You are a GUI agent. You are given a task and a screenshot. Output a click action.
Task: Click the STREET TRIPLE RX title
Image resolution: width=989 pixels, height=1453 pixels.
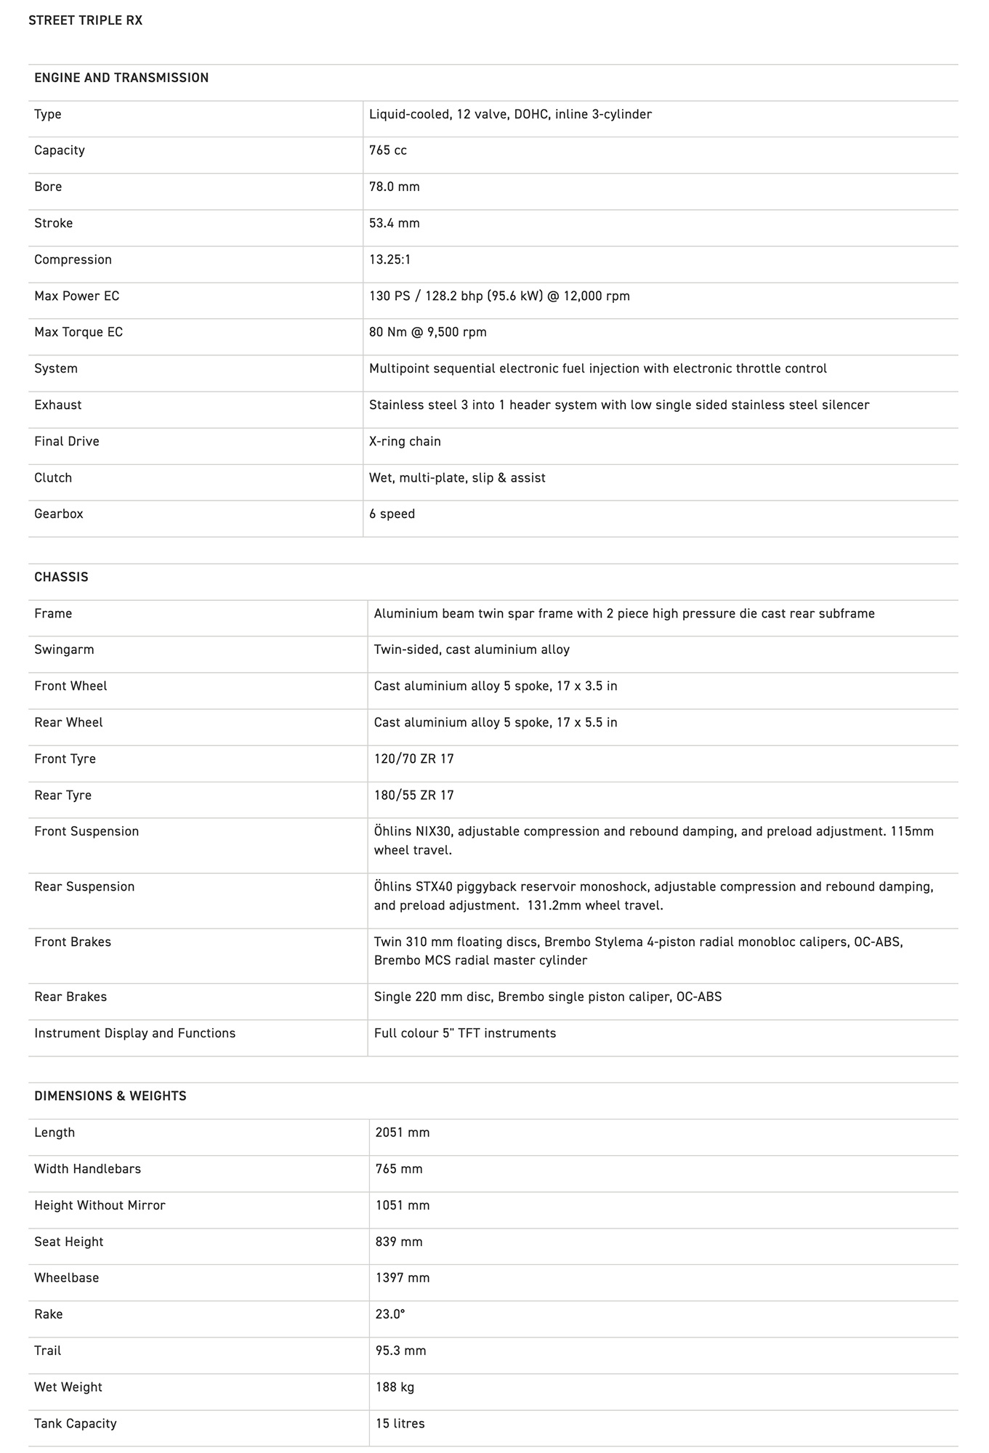[86, 20]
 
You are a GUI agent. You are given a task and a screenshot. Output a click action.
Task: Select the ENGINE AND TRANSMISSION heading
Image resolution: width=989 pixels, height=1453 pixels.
[121, 78]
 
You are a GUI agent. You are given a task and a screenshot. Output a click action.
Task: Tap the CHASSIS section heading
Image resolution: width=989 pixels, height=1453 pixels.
[61, 577]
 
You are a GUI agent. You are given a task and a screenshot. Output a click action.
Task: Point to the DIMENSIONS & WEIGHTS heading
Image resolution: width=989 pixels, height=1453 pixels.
[110, 1096]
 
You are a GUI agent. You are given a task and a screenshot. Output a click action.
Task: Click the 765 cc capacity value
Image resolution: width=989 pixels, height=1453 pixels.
[388, 150]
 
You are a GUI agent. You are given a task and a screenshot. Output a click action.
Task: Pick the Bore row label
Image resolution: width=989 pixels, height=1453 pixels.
[48, 187]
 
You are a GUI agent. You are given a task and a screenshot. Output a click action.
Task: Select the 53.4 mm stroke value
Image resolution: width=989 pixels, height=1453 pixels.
[395, 223]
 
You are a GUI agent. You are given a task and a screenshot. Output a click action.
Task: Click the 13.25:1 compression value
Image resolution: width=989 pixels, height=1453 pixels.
[390, 259]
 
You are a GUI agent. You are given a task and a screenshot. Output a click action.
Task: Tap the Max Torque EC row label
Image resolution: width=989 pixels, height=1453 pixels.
[78, 332]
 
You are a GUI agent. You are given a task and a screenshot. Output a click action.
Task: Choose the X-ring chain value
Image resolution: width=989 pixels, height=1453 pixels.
[405, 441]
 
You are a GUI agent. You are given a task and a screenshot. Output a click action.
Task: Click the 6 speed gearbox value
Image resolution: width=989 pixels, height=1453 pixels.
[392, 514]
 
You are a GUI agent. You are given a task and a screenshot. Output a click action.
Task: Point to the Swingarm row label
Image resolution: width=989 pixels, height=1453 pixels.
[64, 649]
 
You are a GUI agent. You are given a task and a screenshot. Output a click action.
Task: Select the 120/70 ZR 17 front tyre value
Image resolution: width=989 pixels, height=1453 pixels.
[414, 758]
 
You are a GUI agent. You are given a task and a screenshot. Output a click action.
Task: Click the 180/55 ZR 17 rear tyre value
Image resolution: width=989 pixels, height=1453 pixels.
[414, 795]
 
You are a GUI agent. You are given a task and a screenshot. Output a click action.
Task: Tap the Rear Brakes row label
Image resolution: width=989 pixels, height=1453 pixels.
[70, 997]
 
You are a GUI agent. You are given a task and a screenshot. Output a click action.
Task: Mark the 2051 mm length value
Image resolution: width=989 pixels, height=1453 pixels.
[403, 1132]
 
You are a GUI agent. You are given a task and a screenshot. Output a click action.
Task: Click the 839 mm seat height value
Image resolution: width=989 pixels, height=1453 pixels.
[399, 1242]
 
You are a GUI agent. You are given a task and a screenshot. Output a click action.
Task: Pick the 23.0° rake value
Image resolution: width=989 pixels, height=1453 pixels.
[390, 1314]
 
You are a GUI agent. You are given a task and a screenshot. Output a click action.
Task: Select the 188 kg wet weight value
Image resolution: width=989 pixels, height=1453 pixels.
[395, 1387]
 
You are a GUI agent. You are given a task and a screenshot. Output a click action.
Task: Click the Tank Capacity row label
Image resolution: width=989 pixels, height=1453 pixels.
[76, 1423]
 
